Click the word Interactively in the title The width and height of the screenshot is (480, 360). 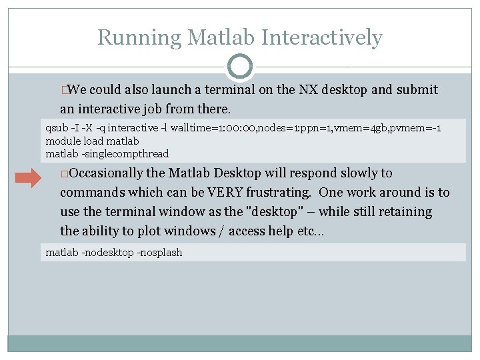[322, 37]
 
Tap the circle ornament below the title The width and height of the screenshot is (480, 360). [240, 67]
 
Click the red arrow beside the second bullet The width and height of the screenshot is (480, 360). [29, 178]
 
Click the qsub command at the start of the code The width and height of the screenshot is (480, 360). [57, 127]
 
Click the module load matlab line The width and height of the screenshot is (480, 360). [92, 141]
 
